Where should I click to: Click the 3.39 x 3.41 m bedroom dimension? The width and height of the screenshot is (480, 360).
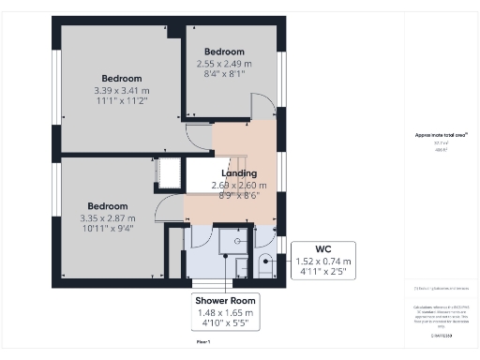click(x=122, y=90)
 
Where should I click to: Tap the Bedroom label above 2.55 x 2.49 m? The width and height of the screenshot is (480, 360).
click(x=224, y=52)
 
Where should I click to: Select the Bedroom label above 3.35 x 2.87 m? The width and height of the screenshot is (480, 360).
click(x=107, y=206)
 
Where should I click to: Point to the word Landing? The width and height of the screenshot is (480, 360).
click(x=239, y=173)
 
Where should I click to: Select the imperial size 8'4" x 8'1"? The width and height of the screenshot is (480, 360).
click(x=224, y=74)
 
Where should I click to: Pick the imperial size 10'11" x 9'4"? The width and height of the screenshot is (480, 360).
click(x=107, y=229)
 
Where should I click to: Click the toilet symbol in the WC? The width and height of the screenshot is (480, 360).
click(x=265, y=260)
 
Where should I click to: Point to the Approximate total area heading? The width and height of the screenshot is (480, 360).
click(x=440, y=135)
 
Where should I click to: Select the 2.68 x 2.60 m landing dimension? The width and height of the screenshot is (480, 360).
click(x=239, y=186)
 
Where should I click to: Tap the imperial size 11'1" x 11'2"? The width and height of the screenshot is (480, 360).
click(x=122, y=101)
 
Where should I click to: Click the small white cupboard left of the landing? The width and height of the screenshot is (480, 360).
click(x=171, y=173)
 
